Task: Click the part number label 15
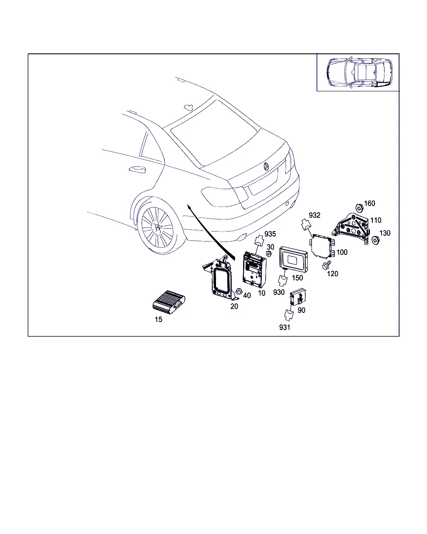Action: [x=158, y=320]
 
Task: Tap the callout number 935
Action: [x=270, y=234]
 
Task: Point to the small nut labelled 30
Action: [x=268, y=254]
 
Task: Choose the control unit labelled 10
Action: [x=254, y=270]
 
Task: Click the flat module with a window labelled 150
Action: [x=294, y=259]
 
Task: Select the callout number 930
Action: [x=279, y=292]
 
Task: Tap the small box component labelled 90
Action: [x=298, y=297]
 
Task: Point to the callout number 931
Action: [x=284, y=327]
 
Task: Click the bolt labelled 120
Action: [x=326, y=265]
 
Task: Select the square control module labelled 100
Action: [x=322, y=245]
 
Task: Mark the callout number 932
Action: [x=314, y=215]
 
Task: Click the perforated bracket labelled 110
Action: [x=351, y=228]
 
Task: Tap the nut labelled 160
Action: [x=359, y=208]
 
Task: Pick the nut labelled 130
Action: [x=376, y=240]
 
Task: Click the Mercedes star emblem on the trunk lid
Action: [x=266, y=166]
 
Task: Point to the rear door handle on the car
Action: [x=137, y=170]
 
